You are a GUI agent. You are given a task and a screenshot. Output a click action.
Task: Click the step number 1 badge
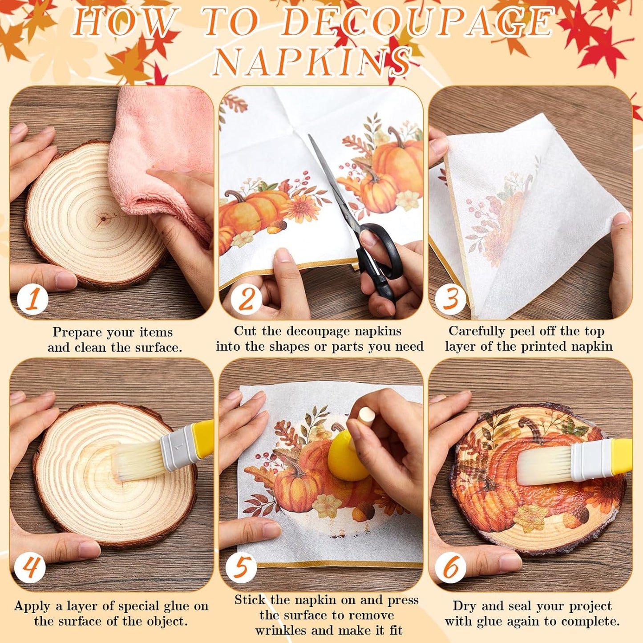(x=32, y=299)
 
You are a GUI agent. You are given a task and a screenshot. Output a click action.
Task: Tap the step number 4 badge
(x=30, y=568)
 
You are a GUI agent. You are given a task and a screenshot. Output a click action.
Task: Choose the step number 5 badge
(x=241, y=568)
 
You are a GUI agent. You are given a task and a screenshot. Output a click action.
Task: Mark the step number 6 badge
(x=450, y=568)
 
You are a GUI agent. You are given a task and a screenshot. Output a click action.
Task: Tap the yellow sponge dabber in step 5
(x=347, y=458)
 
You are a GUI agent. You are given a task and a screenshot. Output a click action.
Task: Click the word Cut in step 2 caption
(x=245, y=332)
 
